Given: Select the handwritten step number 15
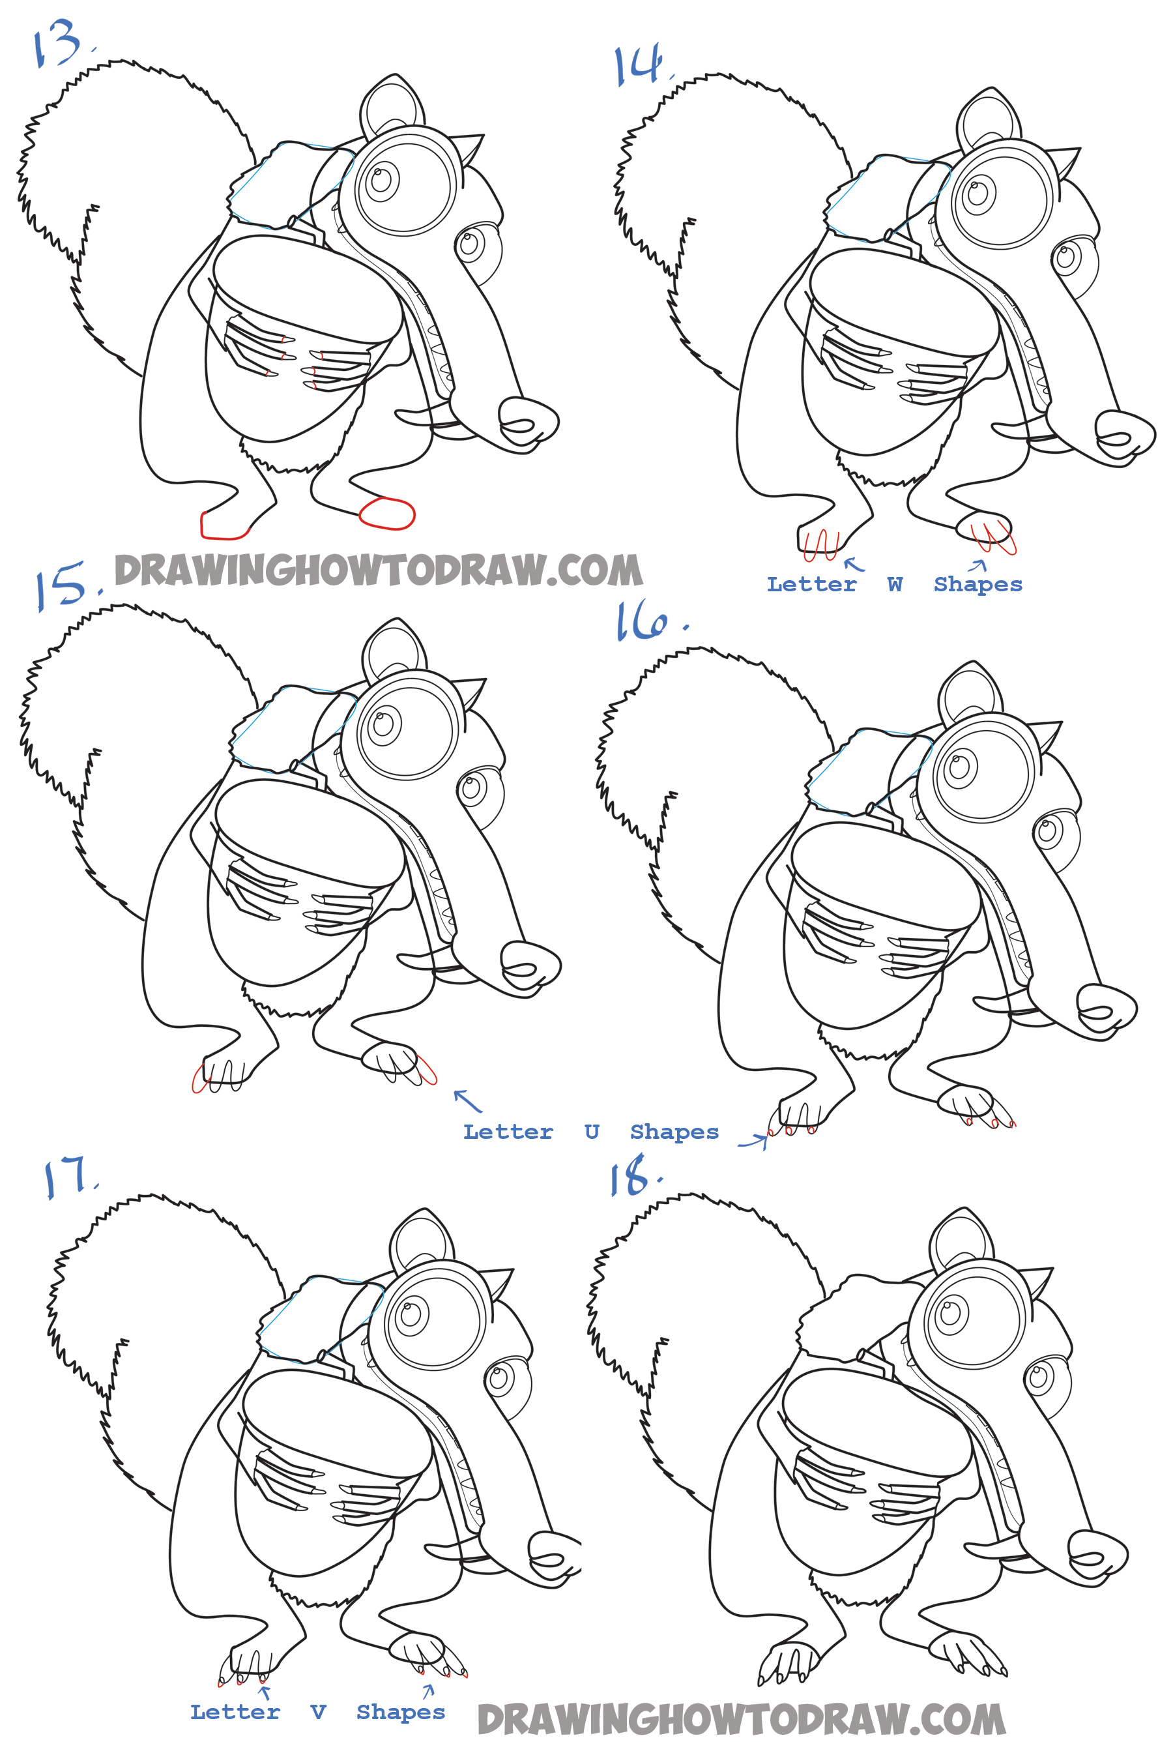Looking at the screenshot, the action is click(x=67, y=586).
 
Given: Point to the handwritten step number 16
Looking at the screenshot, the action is click(x=649, y=623).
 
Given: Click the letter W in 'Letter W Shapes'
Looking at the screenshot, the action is click(x=895, y=584).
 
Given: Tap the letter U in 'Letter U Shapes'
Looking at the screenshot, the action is click(x=592, y=1131).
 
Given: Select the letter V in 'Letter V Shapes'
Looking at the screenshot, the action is click(x=318, y=1712).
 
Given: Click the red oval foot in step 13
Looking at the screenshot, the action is click(x=386, y=513).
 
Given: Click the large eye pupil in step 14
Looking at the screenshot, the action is click(x=977, y=192).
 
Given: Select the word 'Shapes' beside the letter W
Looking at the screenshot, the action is click(x=977, y=584).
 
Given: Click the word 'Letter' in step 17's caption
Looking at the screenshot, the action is click(x=235, y=1712).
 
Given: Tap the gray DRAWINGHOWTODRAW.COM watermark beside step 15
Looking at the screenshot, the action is click(x=379, y=570).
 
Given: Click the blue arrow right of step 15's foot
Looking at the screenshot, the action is click(x=467, y=1100).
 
